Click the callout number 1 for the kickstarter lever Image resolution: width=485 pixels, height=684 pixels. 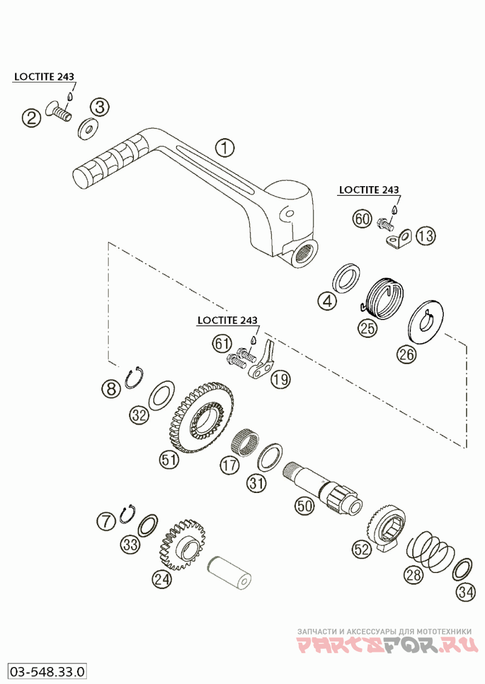pos(224,147)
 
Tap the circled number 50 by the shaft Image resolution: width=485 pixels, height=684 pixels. pos(304,505)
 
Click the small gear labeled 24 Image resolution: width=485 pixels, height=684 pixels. pos(182,543)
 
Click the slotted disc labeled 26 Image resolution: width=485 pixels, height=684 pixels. pos(429,321)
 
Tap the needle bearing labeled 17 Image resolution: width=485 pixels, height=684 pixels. pos(245,438)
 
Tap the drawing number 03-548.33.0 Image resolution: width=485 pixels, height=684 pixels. pos(46,671)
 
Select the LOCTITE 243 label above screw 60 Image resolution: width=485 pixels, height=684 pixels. pos(369,190)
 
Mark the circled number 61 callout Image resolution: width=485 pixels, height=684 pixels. pos(222,344)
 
